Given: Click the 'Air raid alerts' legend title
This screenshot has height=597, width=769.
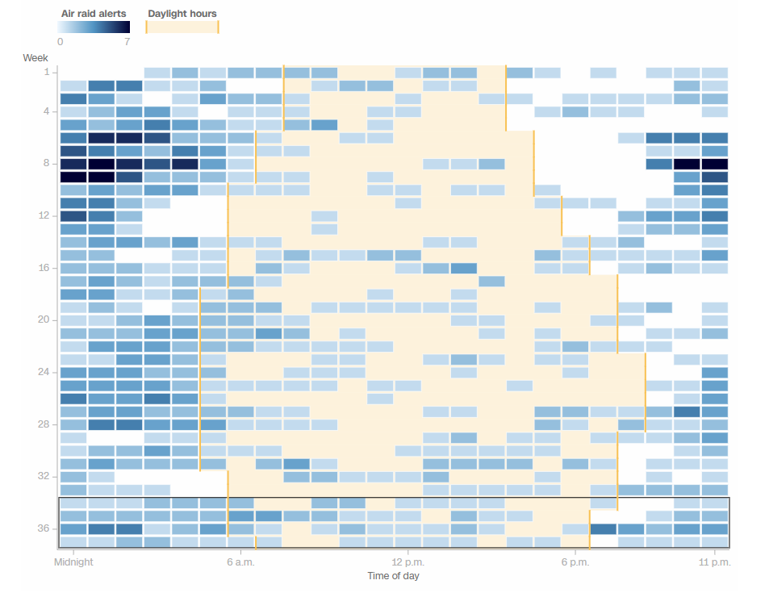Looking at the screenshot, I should pyautogui.click(x=94, y=14).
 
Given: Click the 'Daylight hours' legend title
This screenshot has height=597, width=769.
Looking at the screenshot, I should pyautogui.click(x=182, y=14).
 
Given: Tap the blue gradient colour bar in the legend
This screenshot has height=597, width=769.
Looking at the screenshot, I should pyautogui.click(x=94, y=27).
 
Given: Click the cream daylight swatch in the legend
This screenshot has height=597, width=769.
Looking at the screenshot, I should pyautogui.click(x=182, y=27).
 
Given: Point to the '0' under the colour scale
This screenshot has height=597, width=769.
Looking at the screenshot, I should pyautogui.click(x=61, y=42).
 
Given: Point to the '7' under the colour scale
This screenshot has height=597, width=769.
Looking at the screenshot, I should pyautogui.click(x=127, y=42).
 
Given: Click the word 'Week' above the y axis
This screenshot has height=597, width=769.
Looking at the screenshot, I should pyautogui.click(x=36, y=58).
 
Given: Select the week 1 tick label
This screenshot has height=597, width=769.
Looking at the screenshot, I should pyautogui.click(x=46, y=72).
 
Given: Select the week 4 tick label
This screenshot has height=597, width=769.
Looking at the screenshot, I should pyautogui.click(x=45, y=111).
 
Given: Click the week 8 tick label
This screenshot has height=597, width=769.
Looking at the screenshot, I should pyautogui.click(x=45, y=164).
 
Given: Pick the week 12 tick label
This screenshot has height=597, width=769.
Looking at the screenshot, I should pyautogui.click(x=43, y=215).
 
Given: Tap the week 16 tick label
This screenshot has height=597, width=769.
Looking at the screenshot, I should pyautogui.click(x=43, y=268).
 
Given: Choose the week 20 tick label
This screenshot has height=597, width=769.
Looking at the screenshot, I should pyautogui.click(x=43, y=319).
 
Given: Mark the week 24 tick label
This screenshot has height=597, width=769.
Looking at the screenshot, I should pyautogui.click(x=43, y=372).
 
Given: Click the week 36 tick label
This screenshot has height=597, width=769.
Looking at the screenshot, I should pyautogui.click(x=43, y=528).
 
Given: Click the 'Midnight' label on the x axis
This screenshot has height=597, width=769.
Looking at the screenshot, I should pyautogui.click(x=73, y=562).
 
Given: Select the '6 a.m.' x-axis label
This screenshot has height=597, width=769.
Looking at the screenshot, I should pyautogui.click(x=240, y=562).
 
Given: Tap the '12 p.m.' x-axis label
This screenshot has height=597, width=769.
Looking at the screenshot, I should pyautogui.click(x=407, y=562).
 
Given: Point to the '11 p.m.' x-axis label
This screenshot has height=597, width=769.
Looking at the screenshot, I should pyautogui.click(x=715, y=562).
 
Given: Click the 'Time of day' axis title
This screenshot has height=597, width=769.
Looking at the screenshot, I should pyautogui.click(x=393, y=576).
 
